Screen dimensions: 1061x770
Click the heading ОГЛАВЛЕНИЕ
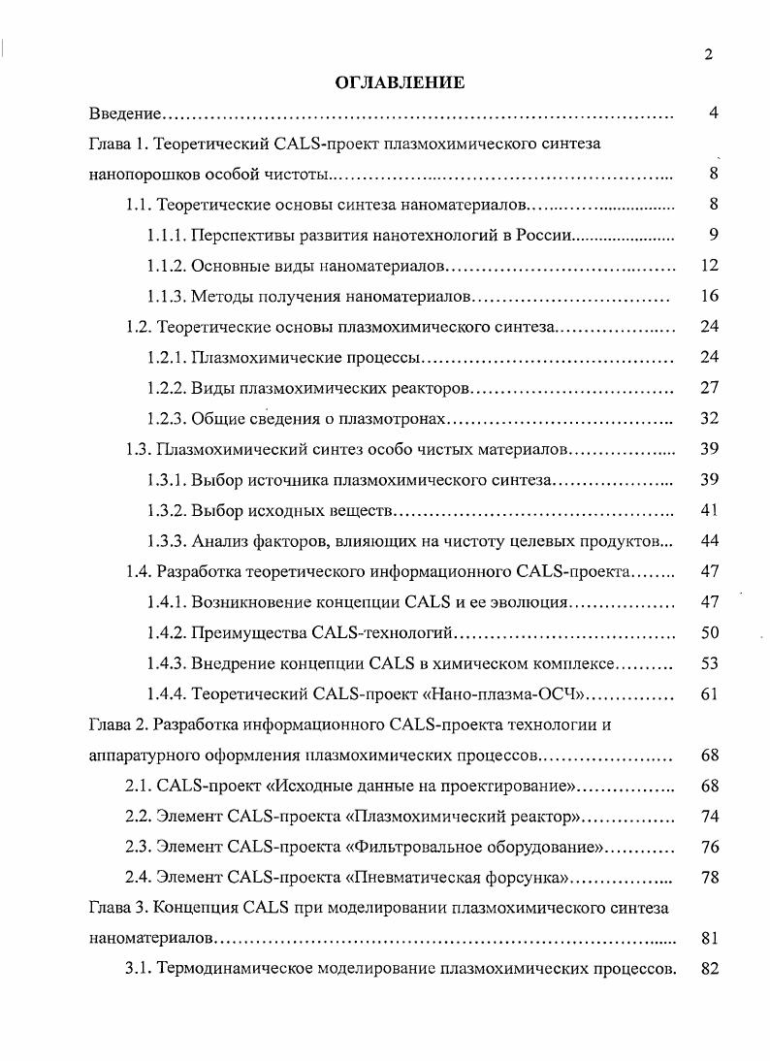click(400, 83)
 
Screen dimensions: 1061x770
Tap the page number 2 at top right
click(709, 54)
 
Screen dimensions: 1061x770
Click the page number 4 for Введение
click(713, 114)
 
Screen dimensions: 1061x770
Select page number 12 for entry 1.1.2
click(709, 266)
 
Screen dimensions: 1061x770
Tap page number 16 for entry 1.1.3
click(709, 296)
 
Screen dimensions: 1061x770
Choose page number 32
click(709, 419)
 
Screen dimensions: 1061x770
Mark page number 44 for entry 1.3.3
click(709, 540)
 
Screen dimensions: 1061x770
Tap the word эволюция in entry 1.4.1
click(528, 602)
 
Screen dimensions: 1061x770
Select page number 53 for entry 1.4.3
click(709, 663)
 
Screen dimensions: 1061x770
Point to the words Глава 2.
click(119, 724)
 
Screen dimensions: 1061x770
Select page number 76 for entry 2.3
click(709, 847)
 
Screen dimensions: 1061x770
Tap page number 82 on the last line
click(709, 969)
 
